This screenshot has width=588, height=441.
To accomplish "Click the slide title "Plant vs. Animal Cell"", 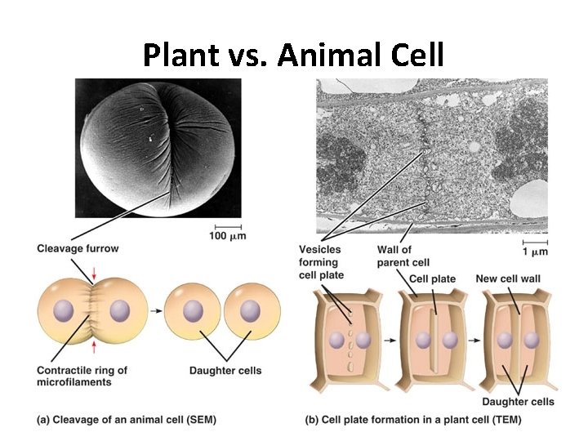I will point(293,56).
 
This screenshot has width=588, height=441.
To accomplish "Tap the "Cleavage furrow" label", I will point(78,249).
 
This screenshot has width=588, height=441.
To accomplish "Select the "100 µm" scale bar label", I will point(228,236).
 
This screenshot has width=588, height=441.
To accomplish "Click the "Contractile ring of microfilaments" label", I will point(82,376).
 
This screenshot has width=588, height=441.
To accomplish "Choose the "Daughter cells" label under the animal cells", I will point(225,371).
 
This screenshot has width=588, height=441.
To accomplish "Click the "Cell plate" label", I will point(432,278).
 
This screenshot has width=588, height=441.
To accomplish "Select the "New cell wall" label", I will point(508,278).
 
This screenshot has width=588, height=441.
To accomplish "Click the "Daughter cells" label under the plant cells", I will point(518,401).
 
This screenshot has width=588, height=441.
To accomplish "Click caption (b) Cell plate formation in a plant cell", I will point(412,420).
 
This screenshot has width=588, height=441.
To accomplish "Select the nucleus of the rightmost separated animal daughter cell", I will point(250,311).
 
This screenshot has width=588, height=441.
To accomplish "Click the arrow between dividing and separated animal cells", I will point(155,310).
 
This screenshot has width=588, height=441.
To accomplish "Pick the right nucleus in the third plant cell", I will point(528,340).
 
